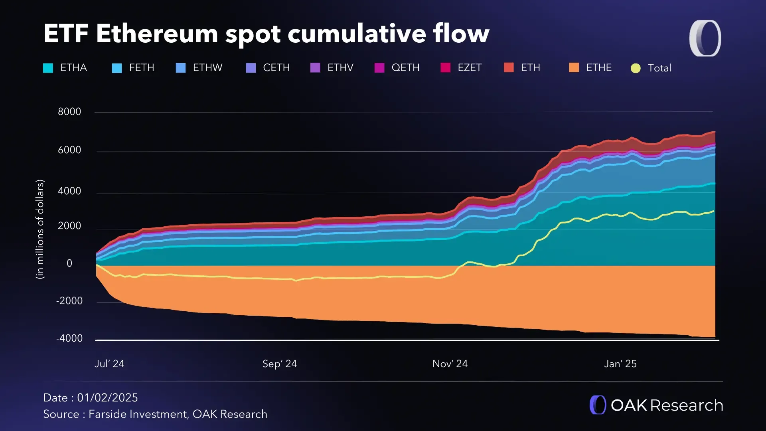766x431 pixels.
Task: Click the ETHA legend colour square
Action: click(x=48, y=68)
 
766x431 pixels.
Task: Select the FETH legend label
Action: click(x=141, y=68)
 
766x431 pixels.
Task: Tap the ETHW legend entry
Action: click(x=207, y=68)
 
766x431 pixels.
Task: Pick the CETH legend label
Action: click(x=276, y=68)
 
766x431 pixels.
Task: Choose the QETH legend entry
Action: click(x=405, y=68)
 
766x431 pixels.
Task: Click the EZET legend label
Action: click(x=470, y=68)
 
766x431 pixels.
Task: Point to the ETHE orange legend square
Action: click(x=574, y=67)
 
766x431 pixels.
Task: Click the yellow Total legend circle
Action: click(x=636, y=68)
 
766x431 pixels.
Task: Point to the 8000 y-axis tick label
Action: click(x=69, y=112)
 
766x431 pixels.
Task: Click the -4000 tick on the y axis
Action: click(x=69, y=338)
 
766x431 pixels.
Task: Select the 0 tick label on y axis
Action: click(x=69, y=263)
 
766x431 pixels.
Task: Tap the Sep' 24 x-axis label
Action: click(x=280, y=364)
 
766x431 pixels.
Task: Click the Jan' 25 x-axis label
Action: click(x=620, y=364)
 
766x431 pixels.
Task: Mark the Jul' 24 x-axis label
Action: click(x=109, y=364)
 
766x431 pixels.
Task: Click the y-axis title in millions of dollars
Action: click(x=40, y=229)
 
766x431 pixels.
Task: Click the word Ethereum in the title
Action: click(x=157, y=34)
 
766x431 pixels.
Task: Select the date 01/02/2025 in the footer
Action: click(x=107, y=398)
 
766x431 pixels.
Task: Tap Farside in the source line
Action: click(x=107, y=414)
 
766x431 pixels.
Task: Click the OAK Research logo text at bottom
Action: click(x=666, y=405)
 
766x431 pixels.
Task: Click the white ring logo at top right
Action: click(x=705, y=38)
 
